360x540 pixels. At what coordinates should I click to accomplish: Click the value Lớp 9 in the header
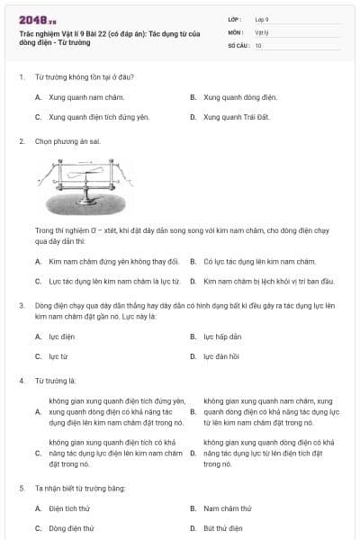[262, 19]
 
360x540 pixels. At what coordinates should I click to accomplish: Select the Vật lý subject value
[262, 31]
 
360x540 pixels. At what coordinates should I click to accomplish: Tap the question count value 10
[258, 45]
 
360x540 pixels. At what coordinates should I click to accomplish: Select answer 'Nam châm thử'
[225, 508]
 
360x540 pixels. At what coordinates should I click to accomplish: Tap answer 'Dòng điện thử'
[71, 528]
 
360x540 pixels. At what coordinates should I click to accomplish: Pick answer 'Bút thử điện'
[222, 528]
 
